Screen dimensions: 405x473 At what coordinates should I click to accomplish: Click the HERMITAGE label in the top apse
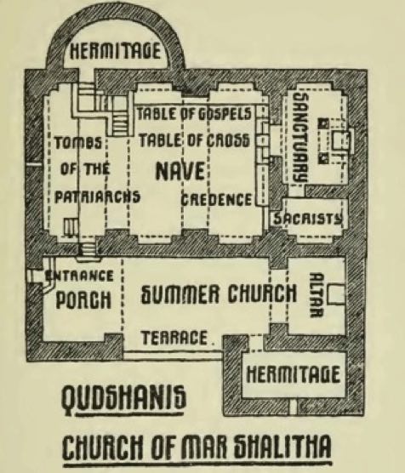(x=115, y=51)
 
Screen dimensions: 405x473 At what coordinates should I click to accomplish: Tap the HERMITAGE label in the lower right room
(x=293, y=374)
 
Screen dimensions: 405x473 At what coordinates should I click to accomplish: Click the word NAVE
(x=180, y=171)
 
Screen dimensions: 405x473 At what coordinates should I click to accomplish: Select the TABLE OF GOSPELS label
(x=194, y=114)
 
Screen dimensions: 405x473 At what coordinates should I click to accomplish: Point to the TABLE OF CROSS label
(x=194, y=140)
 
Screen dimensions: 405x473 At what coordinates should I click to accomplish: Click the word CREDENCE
(x=216, y=200)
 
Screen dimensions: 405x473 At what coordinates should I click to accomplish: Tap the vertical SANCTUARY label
(x=301, y=136)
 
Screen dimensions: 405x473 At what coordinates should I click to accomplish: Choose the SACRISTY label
(x=308, y=219)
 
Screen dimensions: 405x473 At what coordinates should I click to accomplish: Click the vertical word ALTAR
(x=317, y=295)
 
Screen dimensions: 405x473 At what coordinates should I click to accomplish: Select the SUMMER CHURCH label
(x=219, y=293)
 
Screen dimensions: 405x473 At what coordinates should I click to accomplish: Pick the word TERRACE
(x=174, y=338)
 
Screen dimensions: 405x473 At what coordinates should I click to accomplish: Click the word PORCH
(x=83, y=299)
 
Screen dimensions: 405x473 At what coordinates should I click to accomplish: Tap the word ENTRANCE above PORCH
(x=79, y=276)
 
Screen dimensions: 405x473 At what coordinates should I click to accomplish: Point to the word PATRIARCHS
(x=97, y=197)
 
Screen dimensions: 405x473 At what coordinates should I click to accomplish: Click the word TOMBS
(x=78, y=142)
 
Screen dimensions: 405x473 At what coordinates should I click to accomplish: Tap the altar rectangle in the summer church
(x=336, y=293)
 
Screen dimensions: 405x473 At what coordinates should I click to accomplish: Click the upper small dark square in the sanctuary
(x=323, y=123)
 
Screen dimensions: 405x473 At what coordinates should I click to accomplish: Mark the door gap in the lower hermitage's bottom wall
(x=293, y=407)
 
